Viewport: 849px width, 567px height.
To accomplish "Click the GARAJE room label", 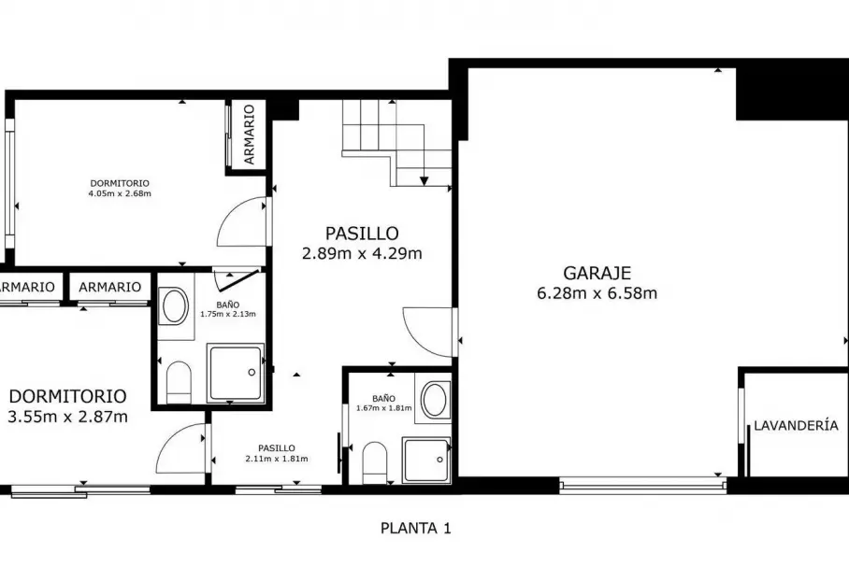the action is click(597, 272).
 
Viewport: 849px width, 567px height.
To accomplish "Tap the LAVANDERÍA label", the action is click(796, 426).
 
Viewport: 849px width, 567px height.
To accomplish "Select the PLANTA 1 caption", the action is click(415, 528).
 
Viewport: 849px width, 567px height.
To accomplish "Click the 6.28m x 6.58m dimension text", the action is click(597, 293).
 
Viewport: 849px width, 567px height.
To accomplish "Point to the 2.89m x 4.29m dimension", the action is click(362, 253).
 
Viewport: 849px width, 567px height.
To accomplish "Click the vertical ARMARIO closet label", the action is click(249, 135).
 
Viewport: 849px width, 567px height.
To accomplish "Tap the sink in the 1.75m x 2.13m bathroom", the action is click(174, 306).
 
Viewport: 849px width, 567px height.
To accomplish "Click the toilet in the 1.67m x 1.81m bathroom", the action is click(374, 463).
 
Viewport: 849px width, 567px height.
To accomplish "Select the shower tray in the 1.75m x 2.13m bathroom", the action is click(236, 373).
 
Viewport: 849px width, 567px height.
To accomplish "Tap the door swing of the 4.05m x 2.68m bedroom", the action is click(241, 221).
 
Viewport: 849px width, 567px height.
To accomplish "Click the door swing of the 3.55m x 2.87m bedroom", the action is click(180, 448).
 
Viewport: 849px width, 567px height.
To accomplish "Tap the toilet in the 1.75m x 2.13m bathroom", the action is click(179, 382).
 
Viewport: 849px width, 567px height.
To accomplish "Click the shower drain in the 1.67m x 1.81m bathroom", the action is click(439, 460).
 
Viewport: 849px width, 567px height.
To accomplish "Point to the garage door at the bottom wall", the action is click(642, 485).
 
